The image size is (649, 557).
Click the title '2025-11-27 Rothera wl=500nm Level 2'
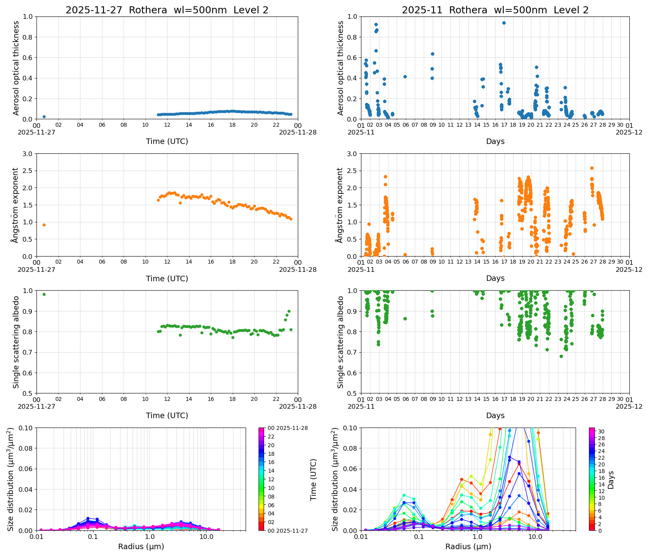pos(167,10)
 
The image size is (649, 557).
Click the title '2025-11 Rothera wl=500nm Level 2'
pos(495,10)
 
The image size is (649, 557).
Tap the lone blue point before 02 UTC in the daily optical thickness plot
pos(44,116)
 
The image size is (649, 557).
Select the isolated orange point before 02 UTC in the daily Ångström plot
pos(44,225)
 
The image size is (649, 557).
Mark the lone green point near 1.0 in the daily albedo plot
pos(44,294)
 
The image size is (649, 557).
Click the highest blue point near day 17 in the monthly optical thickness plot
pos(504,23)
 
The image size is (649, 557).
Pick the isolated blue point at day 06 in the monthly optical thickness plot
pos(405,76)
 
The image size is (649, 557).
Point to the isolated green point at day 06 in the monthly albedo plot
pos(405,319)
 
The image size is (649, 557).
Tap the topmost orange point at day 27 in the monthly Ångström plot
pos(592,168)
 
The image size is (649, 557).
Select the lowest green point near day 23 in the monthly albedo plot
pos(561,356)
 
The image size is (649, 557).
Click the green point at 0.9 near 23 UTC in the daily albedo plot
pos(289,311)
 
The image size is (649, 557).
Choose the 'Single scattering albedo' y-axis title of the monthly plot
pos(341,342)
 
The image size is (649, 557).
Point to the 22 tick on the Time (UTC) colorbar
pos(271,437)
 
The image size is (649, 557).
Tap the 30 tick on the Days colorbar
pos(601,431)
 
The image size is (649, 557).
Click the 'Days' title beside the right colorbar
pos(611,480)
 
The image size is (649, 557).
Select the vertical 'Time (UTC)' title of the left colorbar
pos(313,479)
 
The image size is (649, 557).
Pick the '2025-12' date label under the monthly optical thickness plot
pos(629,132)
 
